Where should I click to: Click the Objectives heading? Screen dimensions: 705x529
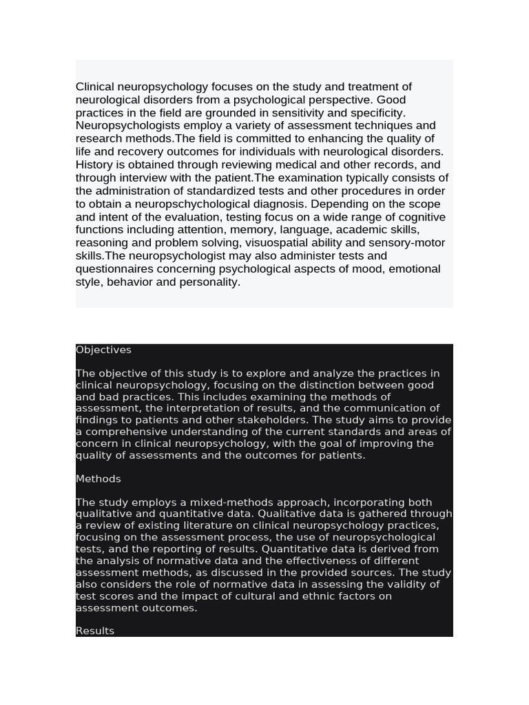point(103,350)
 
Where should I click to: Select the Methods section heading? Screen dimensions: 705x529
point(98,478)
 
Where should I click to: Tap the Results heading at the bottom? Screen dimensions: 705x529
point(95,631)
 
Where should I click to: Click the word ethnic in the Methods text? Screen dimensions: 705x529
point(319,596)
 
